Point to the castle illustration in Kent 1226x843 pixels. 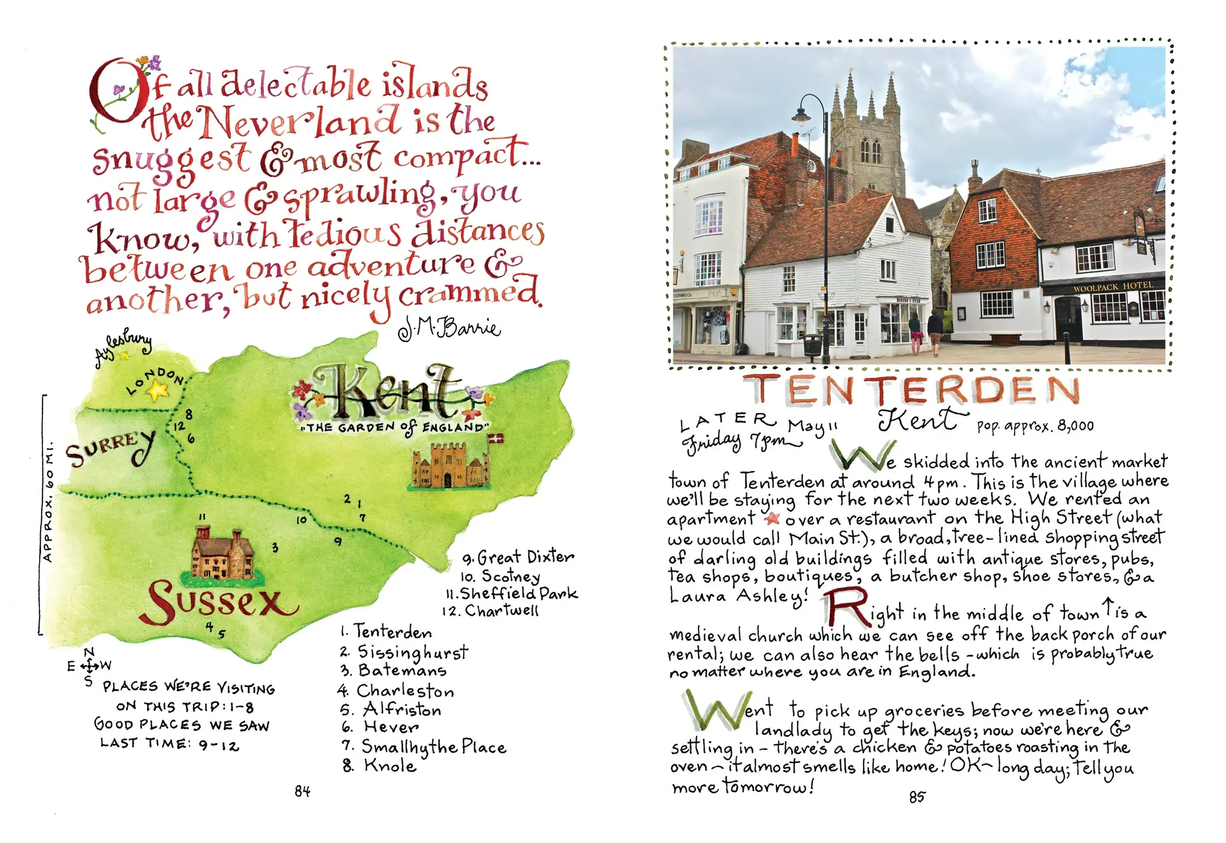coord(450,466)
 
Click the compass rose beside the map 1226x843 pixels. coord(89,665)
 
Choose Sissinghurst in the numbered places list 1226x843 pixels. coord(412,652)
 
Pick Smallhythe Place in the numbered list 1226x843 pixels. coord(433,747)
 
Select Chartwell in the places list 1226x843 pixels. coord(501,611)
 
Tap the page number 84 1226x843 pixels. coord(303,791)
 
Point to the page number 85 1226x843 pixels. coord(917,797)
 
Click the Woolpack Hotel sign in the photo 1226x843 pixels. coord(1112,287)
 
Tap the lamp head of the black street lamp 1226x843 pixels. coord(801,118)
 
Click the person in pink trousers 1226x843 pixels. coord(915,333)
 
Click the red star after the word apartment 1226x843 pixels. coord(772,519)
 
